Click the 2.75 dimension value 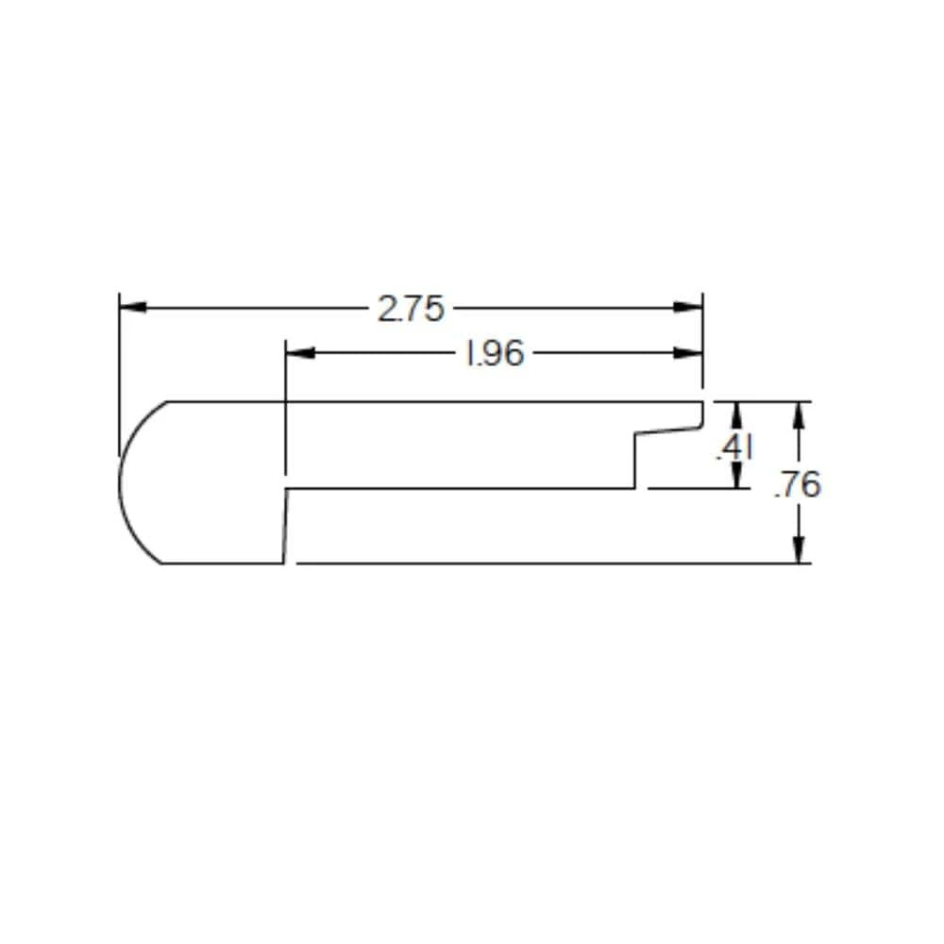click(411, 309)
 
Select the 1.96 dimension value click(493, 354)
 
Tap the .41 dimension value click(733, 448)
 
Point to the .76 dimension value click(798, 484)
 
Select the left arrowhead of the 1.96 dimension click(298, 354)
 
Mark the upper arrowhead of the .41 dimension click(736, 413)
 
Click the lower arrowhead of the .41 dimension click(736, 478)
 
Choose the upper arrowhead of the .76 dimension click(800, 413)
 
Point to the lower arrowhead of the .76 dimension click(800, 551)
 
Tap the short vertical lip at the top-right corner click(702, 413)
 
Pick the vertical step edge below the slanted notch click(634, 463)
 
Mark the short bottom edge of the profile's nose click(222, 564)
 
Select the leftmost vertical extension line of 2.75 click(119, 378)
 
